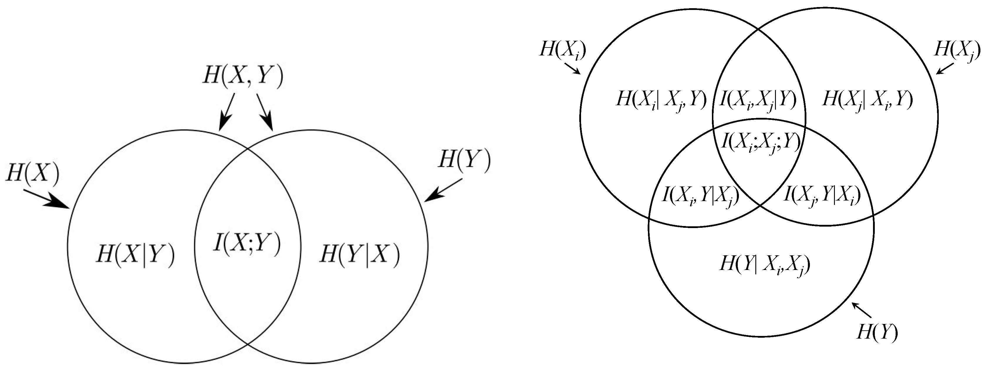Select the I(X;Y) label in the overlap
point(247,244)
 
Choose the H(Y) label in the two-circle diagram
point(464,160)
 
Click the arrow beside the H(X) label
point(46,199)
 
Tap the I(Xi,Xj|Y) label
point(758,100)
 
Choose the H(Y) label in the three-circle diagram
point(877,332)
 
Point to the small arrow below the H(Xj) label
point(945,68)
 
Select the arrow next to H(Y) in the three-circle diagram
point(861,310)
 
